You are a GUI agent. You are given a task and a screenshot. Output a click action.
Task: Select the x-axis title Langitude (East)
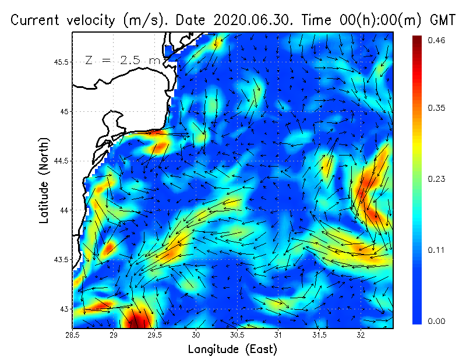point(232,350)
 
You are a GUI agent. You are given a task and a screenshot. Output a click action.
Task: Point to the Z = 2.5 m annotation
point(122,60)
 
